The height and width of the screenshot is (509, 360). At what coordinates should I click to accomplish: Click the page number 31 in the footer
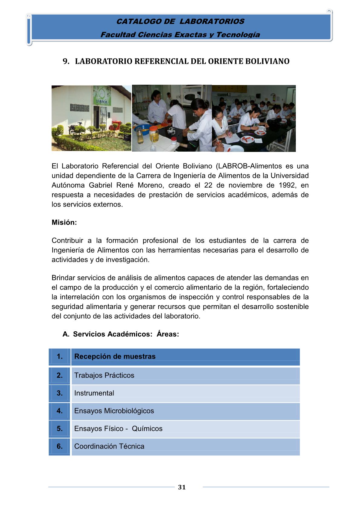182,487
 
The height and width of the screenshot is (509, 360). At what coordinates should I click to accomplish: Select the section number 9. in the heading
66,61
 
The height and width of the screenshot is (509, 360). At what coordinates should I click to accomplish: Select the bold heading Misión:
64,222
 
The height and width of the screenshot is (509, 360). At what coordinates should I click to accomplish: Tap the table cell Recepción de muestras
115,356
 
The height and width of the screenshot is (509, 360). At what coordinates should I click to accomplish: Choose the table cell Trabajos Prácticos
104,375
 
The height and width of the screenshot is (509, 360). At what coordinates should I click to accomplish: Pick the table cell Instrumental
94,393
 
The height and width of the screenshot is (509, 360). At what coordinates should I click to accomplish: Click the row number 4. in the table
60,411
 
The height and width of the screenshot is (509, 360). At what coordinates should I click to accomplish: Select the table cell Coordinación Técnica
109,446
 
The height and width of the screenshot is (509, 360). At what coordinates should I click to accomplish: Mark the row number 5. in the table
60,429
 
